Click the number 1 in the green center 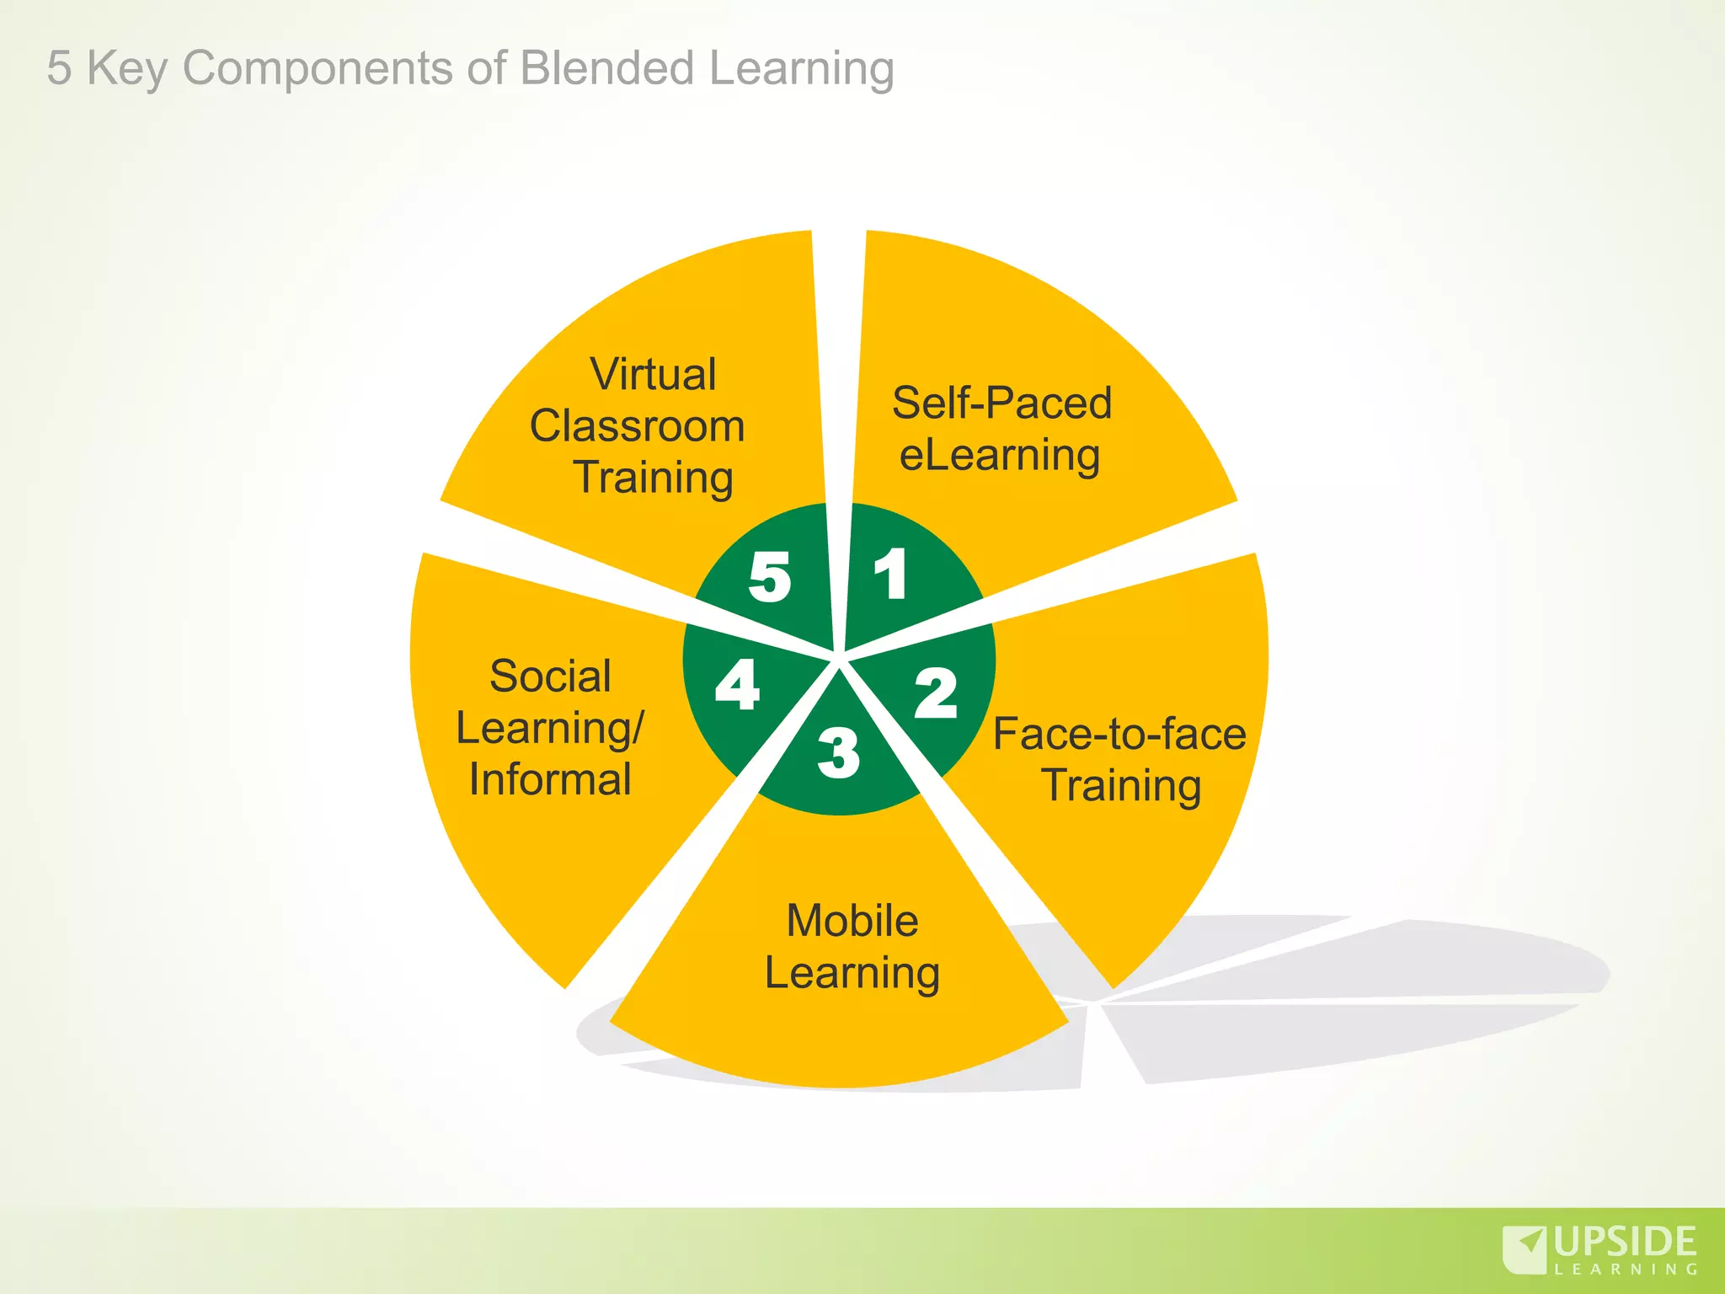(x=891, y=575)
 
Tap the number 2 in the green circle (x=936, y=693)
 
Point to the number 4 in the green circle (x=737, y=685)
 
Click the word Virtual (x=653, y=374)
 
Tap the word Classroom (x=637, y=425)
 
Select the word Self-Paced (x=1001, y=403)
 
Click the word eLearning (x=1000, y=456)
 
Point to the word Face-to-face (x=1119, y=734)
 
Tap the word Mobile (x=852, y=920)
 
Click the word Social (x=550, y=676)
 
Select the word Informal (x=550, y=779)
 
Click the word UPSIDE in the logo (x=1625, y=1242)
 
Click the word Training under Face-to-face (x=1121, y=786)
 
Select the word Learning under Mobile (x=852, y=974)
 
